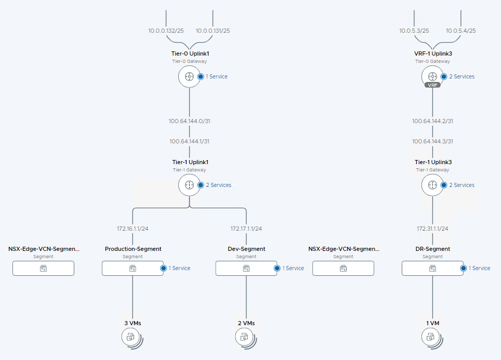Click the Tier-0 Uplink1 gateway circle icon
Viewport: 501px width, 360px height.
pos(189,76)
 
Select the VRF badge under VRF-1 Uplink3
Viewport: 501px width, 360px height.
pos(432,85)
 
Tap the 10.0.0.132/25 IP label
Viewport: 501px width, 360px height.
pos(166,31)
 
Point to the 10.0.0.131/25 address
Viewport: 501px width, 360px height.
pos(213,31)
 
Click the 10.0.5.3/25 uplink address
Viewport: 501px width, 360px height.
pos(414,31)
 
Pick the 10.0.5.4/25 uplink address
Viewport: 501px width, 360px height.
pos(460,31)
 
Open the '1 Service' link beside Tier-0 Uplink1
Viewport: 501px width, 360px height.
pos(216,76)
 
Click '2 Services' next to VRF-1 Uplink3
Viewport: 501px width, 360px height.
pos(462,76)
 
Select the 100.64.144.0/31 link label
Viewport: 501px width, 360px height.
pos(189,121)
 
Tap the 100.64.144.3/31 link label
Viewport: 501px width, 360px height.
pos(432,141)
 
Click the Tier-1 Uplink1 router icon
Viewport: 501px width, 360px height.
pos(189,185)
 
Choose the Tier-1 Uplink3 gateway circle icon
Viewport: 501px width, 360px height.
pos(432,185)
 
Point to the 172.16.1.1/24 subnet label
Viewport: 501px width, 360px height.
pos(133,229)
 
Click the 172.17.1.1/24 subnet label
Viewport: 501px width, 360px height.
pos(246,229)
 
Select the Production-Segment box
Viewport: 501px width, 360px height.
pos(133,268)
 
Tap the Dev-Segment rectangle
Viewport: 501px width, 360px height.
pos(246,268)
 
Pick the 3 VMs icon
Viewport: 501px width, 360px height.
pos(131,337)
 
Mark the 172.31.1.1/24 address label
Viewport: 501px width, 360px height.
pos(432,229)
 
